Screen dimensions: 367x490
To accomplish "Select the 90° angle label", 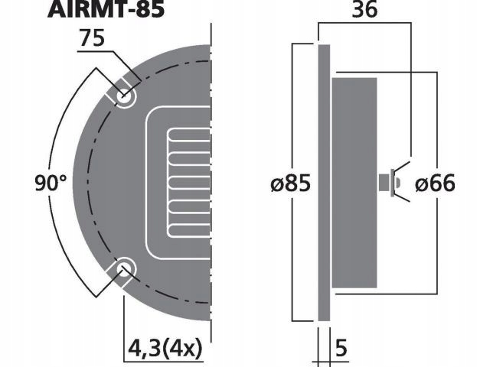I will (51, 183).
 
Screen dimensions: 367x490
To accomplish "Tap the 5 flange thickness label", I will (341, 349).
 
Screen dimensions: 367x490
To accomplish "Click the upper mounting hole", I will (124, 96).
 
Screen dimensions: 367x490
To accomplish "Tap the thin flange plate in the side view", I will (323, 183).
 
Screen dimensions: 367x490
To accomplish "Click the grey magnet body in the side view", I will (354, 183).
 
